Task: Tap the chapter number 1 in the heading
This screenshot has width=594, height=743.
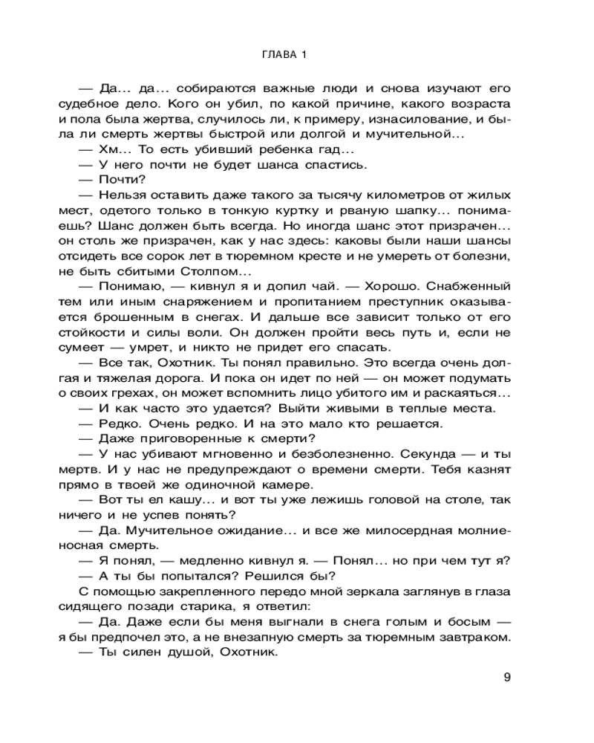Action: pos(304,55)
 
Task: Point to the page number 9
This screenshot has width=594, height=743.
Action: pos(507,677)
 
